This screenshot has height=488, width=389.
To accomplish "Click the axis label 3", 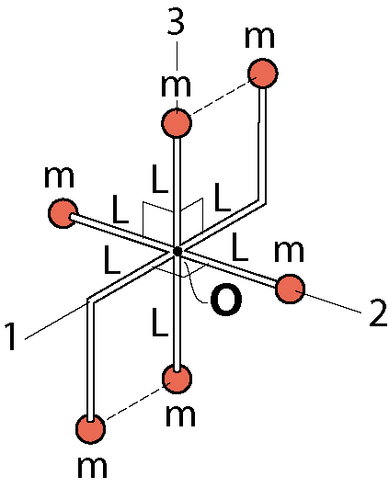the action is tap(176, 21).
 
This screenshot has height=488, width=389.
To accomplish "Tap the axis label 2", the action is tap(377, 312).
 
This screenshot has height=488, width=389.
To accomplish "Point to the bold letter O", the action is tap(226, 300).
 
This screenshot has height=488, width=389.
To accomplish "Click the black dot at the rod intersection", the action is tap(177, 251).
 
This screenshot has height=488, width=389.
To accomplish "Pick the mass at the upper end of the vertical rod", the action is tap(177, 122).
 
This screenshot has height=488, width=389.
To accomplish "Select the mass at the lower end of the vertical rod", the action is tap(177, 379).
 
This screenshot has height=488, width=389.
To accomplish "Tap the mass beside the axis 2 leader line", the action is tap(291, 289).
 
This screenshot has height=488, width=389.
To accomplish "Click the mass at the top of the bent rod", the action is tap(262, 74).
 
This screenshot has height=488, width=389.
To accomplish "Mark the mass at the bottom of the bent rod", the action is tap(91, 429).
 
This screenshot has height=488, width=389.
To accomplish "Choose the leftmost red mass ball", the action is tap(63, 213).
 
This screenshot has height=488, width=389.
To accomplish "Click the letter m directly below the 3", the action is tap(176, 85).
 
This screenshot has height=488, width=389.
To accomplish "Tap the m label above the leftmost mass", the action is tap(59, 177).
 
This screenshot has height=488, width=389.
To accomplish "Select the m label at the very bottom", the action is tap(92, 468).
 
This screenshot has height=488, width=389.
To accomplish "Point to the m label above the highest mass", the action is tap(259, 38).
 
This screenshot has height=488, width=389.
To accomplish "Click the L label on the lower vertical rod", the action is tap(160, 323).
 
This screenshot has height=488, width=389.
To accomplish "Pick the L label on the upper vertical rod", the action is tap(160, 179).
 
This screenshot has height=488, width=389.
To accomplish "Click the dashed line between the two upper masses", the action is tap(220, 98).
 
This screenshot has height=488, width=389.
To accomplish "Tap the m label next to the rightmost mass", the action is tap(289, 251).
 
